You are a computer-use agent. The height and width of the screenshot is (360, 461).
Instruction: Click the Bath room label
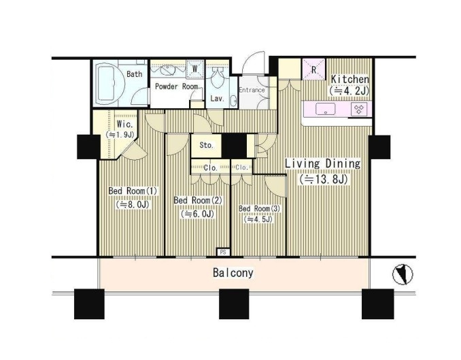[135, 74]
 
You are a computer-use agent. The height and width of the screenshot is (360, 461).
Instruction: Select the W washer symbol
[195, 69]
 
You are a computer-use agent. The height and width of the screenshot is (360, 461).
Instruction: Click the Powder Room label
[176, 86]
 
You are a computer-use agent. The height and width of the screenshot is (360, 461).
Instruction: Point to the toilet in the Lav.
[218, 79]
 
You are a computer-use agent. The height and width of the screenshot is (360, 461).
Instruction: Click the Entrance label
[252, 90]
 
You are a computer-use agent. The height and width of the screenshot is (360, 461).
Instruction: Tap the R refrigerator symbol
[314, 69]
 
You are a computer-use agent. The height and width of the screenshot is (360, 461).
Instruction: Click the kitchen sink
[325, 109]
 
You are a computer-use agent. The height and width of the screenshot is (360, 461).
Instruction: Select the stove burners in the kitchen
[359, 109]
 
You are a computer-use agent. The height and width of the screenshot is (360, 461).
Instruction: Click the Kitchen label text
[350, 79]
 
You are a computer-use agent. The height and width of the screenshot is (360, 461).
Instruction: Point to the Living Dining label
[322, 163]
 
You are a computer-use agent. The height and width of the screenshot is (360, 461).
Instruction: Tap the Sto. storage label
[207, 145]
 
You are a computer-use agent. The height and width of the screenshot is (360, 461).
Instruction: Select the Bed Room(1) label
[133, 191]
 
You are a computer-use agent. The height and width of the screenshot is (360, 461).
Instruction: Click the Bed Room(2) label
[198, 201]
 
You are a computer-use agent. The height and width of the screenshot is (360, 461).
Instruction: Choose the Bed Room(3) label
[260, 209]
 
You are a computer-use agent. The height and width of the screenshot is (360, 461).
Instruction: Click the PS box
[223, 252]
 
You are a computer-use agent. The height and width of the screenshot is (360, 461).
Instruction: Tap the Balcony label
[233, 273]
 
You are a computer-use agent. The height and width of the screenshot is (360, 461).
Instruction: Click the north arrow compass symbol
[403, 274]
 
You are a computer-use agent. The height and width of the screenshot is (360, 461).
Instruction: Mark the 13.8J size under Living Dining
[324, 179]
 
